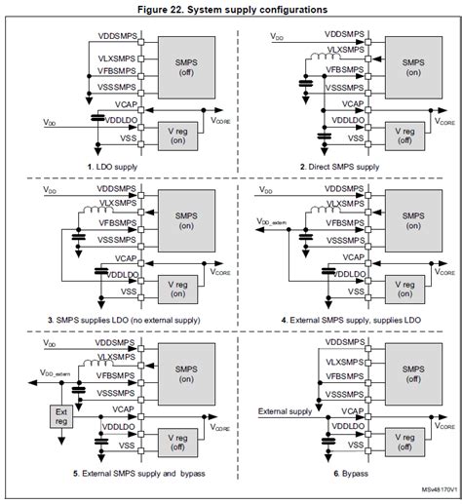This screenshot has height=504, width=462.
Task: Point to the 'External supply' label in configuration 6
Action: [286, 412]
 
